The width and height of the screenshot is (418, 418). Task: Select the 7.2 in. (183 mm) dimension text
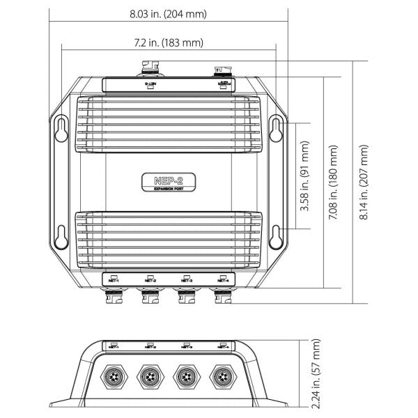pyautogui.click(x=169, y=43)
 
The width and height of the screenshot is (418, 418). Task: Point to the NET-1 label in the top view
pyautogui.click(x=112, y=281)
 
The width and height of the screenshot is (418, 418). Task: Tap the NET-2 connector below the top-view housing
pyautogui.click(x=149, y=298)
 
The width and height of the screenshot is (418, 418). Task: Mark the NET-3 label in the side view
pyautogui.click(x=185, y=346)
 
